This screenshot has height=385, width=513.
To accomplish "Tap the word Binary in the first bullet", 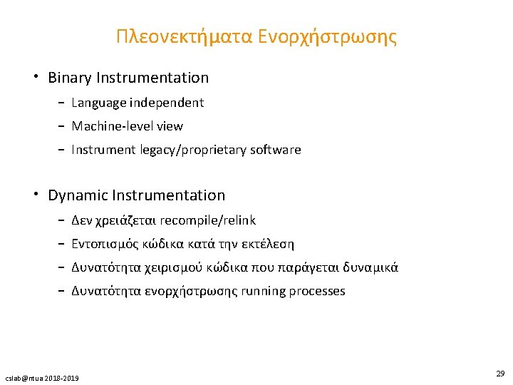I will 69,78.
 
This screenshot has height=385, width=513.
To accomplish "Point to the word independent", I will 167,103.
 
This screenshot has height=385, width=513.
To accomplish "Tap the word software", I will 275,150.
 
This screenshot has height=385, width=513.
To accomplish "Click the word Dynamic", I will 78,195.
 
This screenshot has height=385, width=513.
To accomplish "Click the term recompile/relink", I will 209,220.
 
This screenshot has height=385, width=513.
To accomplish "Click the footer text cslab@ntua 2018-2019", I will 42,377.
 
